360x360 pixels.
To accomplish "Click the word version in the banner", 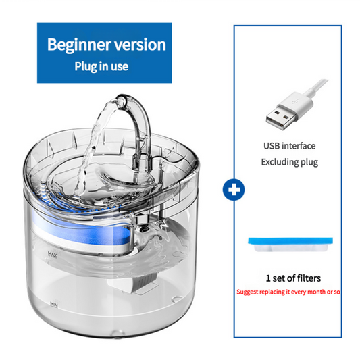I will point(138,45).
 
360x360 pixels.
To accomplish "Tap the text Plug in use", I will point(101,67).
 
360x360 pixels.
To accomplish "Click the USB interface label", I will point(289,145).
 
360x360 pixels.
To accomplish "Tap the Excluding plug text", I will point(289,162).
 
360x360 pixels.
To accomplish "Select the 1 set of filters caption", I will point(289,278).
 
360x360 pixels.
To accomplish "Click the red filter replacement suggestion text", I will point(289,292).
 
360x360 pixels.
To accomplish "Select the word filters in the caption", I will point(305,278).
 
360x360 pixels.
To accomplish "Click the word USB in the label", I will point(272,145).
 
